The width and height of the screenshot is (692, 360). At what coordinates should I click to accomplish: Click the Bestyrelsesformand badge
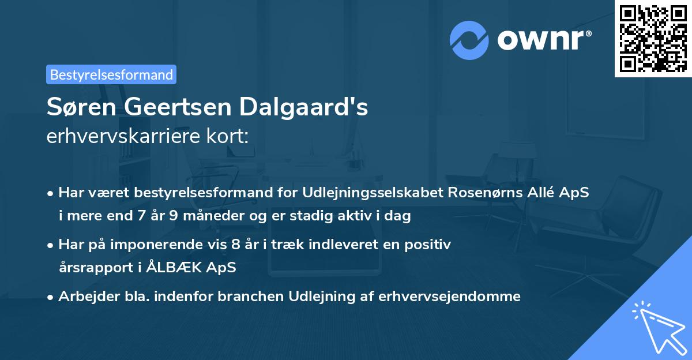111,74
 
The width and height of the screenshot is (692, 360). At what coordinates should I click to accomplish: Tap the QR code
653,38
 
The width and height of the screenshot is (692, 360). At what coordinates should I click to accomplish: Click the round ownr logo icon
469,39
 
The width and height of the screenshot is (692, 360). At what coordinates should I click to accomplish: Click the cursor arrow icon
657,327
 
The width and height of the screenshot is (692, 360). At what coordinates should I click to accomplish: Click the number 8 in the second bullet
235,244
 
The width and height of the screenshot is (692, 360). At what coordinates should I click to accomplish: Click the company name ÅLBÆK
185,268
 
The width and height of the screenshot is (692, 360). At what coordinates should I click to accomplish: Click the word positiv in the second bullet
429,244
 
